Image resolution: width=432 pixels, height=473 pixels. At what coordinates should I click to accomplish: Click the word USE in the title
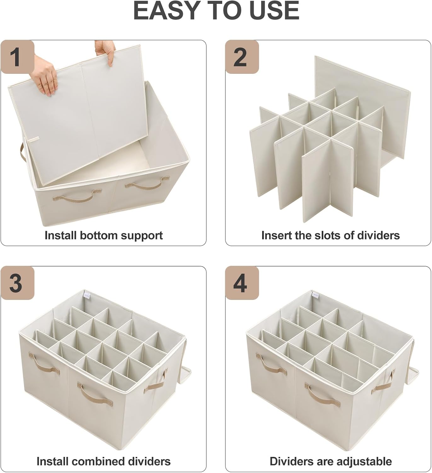pyautogui.click(x=274, y=11)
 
